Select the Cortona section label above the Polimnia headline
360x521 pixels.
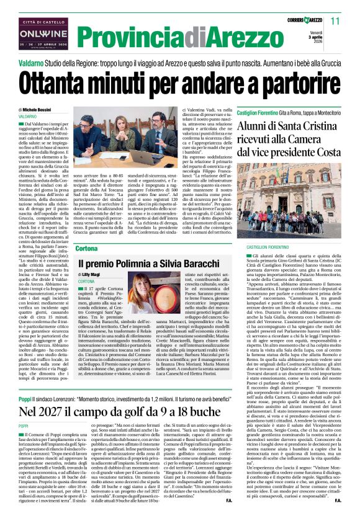(86, 248)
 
